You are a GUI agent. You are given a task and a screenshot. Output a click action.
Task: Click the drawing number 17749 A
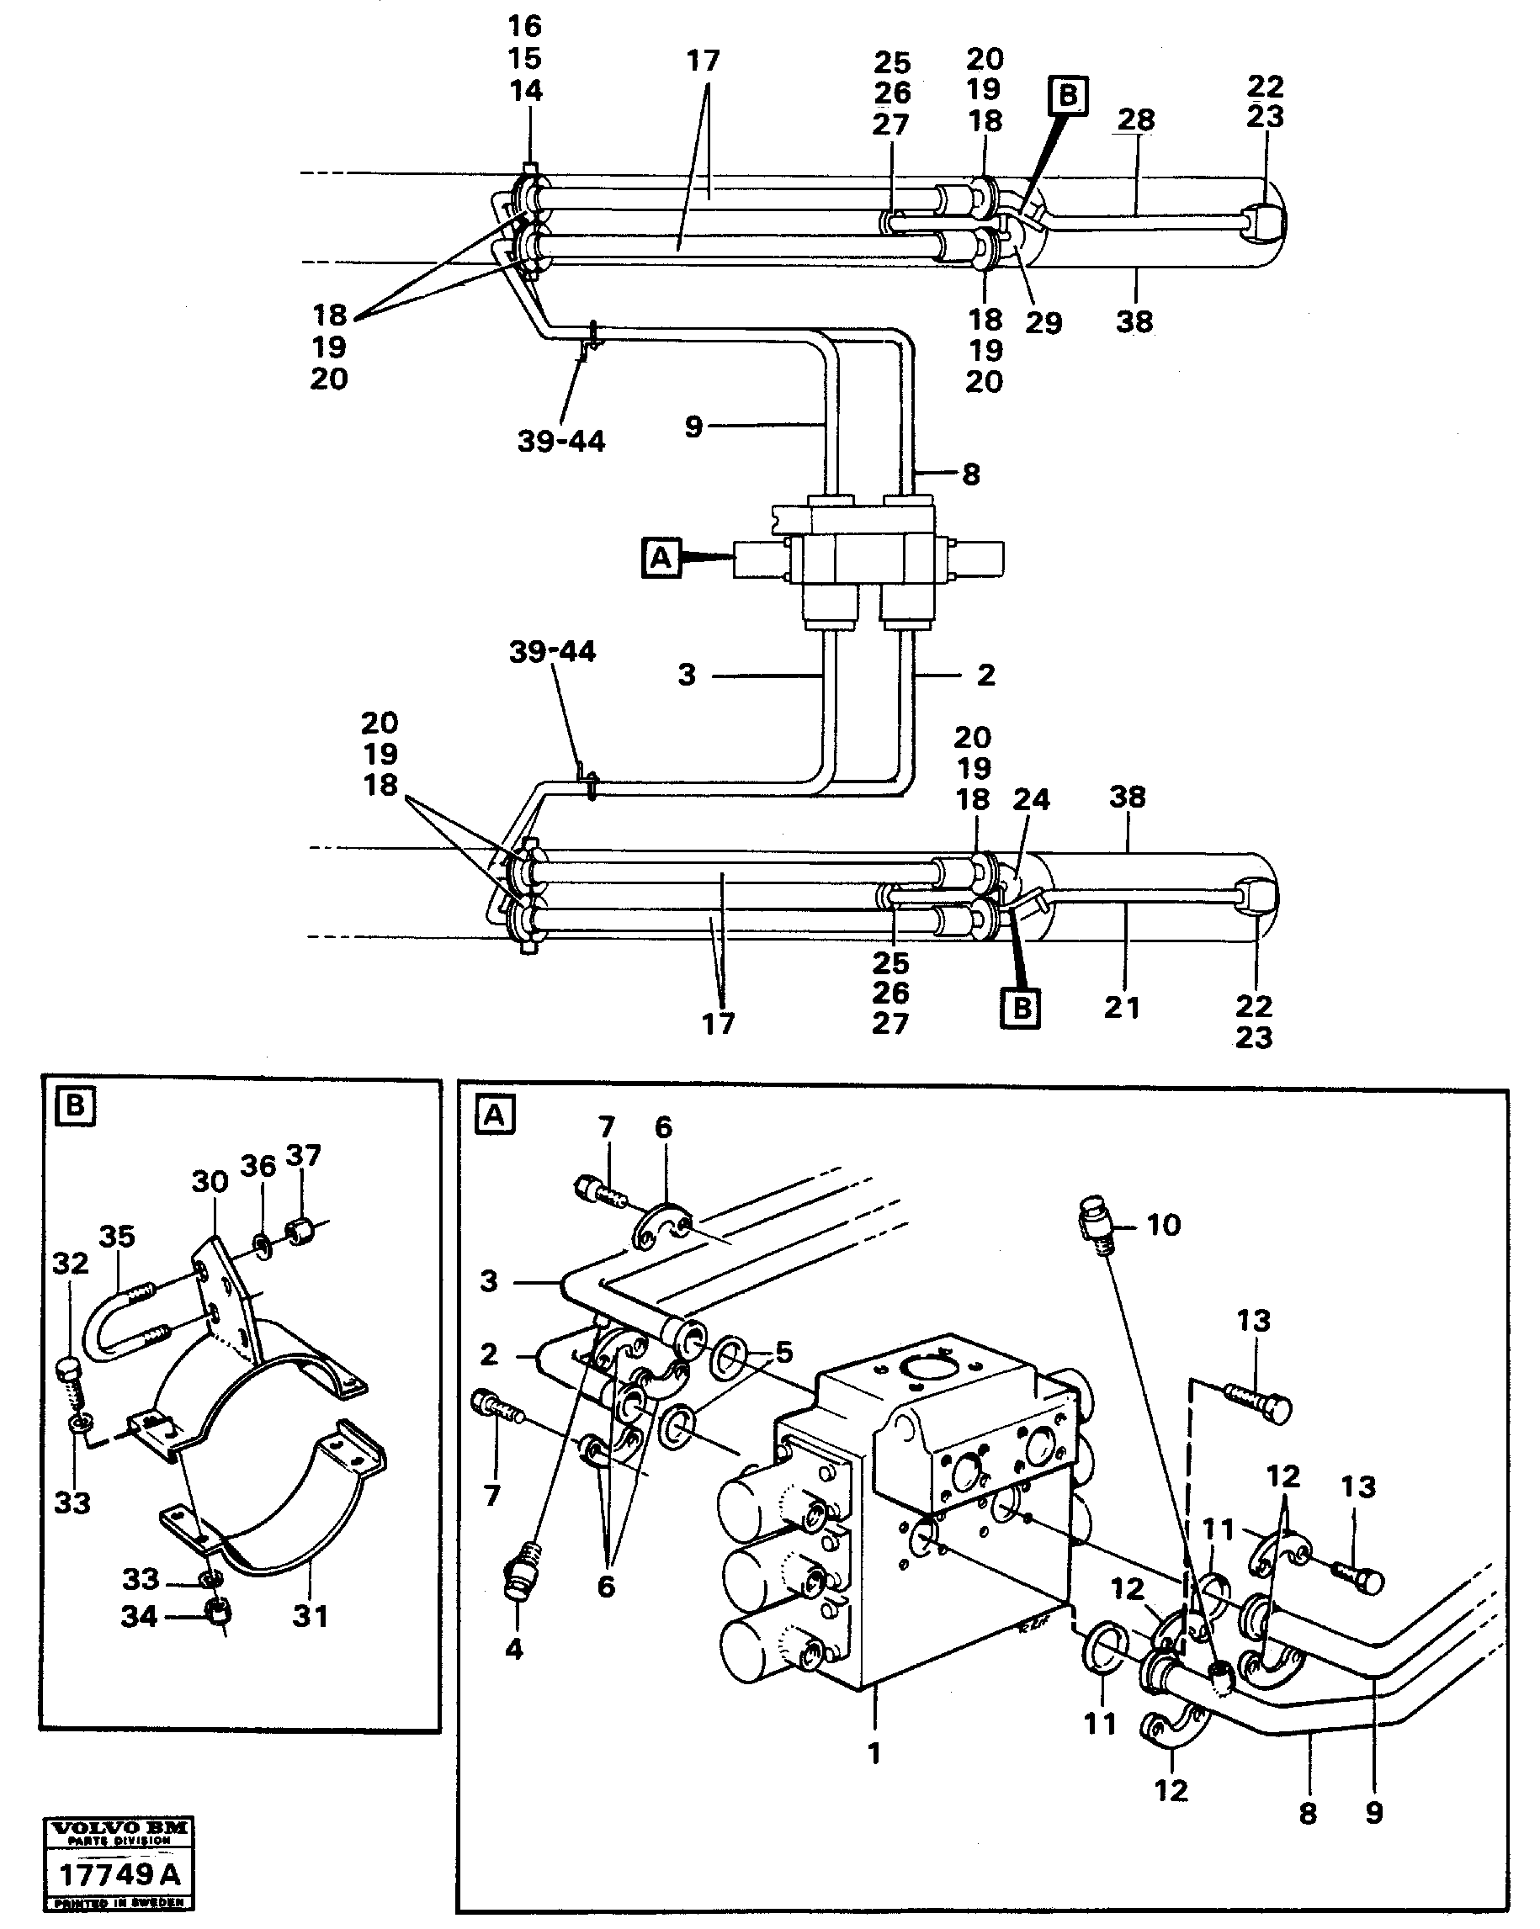118,1874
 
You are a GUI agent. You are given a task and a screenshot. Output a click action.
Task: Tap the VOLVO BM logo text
118,1829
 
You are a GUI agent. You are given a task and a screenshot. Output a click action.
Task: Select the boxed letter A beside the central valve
661,559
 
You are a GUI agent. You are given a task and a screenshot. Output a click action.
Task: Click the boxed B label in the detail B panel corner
75,1108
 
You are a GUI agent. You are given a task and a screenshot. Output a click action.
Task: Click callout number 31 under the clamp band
311,1616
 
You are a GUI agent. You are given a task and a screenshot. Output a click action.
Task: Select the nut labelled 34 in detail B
217,1611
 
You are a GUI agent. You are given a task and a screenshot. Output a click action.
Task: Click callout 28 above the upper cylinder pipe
1136,119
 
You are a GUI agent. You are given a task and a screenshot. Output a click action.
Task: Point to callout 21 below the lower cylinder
1122,1008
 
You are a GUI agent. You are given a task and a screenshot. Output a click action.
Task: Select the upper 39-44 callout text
561,441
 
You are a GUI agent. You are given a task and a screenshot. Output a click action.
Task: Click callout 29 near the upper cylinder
1043,322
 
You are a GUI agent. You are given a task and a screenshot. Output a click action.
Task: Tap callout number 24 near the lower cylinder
1031,799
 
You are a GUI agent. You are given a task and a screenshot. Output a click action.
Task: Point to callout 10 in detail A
1163,1224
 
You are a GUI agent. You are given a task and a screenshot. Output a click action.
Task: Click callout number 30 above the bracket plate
210,1182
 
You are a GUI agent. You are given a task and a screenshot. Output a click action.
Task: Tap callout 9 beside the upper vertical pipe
693,427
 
